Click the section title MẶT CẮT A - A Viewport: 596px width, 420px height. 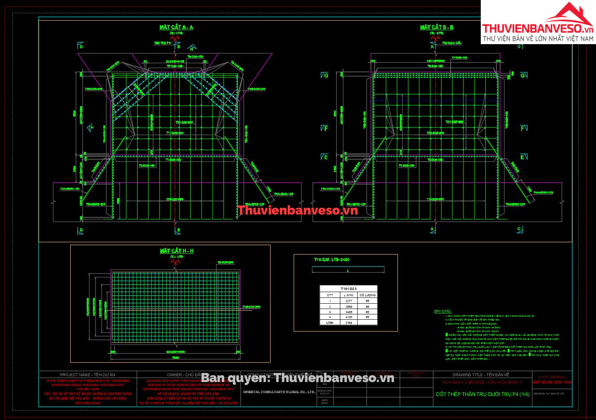(176, 27)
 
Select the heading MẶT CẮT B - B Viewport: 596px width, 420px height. (437, 27)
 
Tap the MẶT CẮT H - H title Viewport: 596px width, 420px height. (176, 251)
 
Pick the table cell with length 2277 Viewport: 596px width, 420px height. (349, 301)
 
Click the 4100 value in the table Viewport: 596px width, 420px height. (349, 317)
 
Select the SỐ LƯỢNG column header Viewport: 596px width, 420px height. (367, 295)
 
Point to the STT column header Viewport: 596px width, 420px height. (330, 295)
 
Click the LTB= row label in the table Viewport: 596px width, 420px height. (330, 322)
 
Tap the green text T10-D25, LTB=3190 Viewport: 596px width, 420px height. (332, 260)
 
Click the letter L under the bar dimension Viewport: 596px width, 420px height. (348, 271)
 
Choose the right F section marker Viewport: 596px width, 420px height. (523, 128)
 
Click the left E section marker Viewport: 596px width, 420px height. (326, 157)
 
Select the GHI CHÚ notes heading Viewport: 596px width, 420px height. (442, 311)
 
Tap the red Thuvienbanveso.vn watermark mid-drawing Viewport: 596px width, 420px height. (297, 210)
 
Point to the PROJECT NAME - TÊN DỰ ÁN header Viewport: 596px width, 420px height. (87, 375)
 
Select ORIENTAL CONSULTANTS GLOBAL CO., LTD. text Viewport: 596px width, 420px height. (279, 392)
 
